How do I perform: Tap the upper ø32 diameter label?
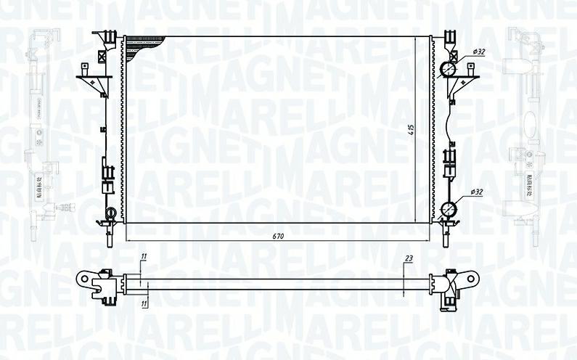click(478, 52)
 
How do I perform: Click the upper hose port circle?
click(449, 70)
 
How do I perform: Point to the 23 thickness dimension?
click(409, 259)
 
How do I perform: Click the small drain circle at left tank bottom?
click(111, 213)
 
